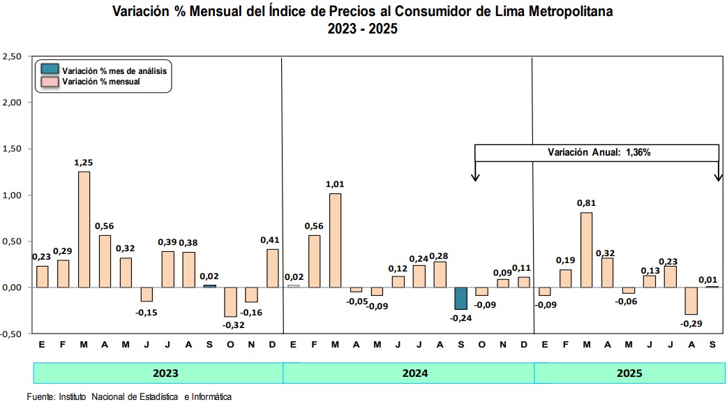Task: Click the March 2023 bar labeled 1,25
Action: pos(84,229)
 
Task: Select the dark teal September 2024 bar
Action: pos(460,298)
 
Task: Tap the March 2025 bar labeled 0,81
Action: pos(587,249)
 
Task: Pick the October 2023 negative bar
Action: pos(230,301)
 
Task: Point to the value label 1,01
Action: pos(335,184)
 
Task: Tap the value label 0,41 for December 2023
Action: pos(272,240)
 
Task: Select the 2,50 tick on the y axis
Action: pos(13,56)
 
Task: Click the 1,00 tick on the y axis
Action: pos(13,195)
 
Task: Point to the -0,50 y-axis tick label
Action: pos(12,334)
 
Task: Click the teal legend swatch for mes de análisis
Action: pos(50,70)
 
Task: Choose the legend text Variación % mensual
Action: pos(101,82)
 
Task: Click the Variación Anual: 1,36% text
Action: pos(599,152)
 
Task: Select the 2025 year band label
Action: pos(629,373)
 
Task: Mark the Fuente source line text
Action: pos(129,396)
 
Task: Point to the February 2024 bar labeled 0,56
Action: pos(314,261)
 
